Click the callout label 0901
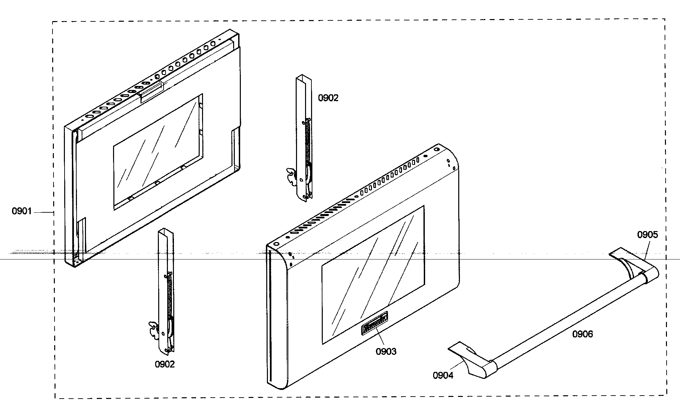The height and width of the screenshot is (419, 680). (x=22, y=211)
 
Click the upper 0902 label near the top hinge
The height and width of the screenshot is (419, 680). (x=328, y=98)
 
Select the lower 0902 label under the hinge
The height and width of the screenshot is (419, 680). (x=165, y=364)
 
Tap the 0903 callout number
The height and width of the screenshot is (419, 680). (x=386, y=351)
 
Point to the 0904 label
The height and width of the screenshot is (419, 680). (x=443, y=376)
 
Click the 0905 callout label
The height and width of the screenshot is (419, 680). (x=647, y=235)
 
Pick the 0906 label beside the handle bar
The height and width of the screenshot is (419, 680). (x=582, y=334)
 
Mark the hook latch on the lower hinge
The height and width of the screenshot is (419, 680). (x=154, y=329)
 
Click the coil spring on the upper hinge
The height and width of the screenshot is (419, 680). (x=307, y=140)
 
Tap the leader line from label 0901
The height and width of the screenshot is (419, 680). (x=43, y=212)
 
